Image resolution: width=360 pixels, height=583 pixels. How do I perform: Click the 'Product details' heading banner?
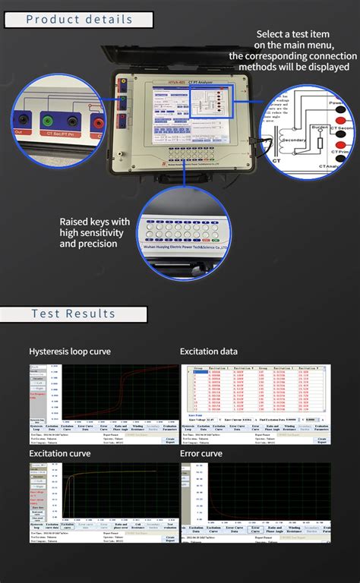[79, 20]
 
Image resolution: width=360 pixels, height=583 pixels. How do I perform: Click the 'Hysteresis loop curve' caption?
[69, 351]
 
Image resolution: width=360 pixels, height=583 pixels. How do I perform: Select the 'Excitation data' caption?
[209, 351]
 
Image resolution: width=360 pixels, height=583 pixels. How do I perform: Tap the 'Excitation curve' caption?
[60, 453]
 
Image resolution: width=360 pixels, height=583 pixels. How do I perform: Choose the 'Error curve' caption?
[201, 453]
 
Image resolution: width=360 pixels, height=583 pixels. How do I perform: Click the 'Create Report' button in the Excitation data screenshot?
[322, 440]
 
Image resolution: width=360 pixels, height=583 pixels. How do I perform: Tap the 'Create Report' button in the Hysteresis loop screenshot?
[171, 440]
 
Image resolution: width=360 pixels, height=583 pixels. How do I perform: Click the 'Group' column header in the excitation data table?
[199, 367]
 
